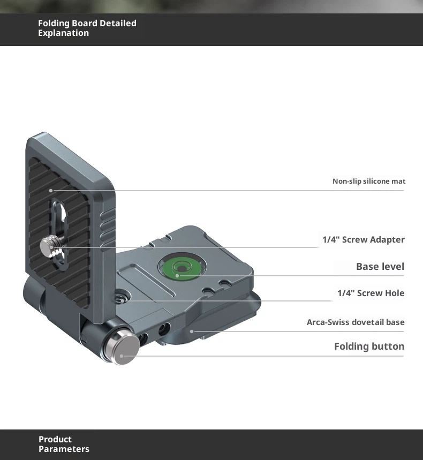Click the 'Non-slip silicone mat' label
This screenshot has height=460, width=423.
point(369,182)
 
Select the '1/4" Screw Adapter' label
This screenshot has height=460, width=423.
point(364,239)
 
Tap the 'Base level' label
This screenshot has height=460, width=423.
point(380,267)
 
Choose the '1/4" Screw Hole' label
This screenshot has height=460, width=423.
point(371,293)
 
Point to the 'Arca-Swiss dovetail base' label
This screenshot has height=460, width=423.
point(356,322)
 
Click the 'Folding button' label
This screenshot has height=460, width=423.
point(369,346)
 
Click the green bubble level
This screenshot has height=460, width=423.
point(178,267)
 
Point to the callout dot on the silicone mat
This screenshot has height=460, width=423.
point(51,190)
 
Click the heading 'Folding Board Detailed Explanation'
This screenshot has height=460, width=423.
point(87,28)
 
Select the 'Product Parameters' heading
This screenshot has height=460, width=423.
point(64,444)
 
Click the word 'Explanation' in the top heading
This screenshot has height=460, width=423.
point(63,33)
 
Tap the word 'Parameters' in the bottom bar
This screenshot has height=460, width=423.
point(64,449)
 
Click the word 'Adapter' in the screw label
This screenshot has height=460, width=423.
point(388,239)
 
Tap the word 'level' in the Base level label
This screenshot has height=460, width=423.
point(392,267)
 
